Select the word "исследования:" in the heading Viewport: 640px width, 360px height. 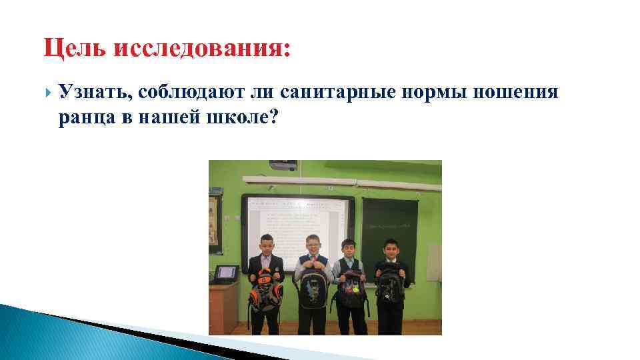tap(203, 49)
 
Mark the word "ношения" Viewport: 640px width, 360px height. tap(515, 93)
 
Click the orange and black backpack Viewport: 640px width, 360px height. tap(265, 289)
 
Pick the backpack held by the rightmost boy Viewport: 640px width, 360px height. tap(389, 283)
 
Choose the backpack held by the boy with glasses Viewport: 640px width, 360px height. tap(313, 287)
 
